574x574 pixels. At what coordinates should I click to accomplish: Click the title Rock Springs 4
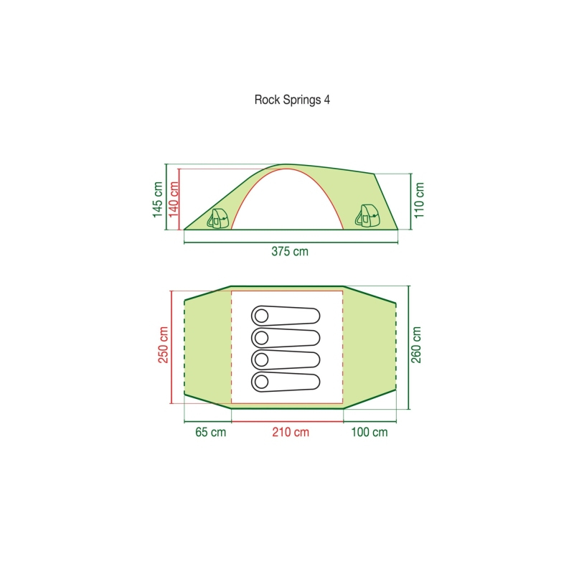click(292, 100)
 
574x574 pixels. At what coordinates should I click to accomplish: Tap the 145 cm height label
click(158, 199)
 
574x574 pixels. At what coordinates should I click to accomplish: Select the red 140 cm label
click(174, 199)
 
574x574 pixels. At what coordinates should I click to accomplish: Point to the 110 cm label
click(419, 200)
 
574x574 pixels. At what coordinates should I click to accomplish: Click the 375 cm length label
click(290, 252)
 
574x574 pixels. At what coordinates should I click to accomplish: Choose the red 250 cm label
click(164, 345)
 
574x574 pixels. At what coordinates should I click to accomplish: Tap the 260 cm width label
click(416, 345)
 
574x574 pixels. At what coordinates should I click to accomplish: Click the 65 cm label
click(210, 432)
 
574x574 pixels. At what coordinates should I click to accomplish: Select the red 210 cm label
click(291, 432)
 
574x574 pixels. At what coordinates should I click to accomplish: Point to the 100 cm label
click(370, 432)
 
